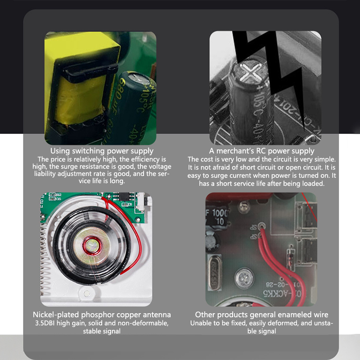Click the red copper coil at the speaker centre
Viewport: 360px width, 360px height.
coord(92,246)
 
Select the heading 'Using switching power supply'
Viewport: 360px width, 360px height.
coord(102,151)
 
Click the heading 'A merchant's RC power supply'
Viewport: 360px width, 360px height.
coord(261,151)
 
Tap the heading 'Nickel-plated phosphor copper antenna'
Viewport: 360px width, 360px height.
coord(102,315)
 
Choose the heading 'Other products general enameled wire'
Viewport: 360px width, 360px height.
coord(261,315)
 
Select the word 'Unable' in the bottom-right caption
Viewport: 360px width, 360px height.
coord(199,323)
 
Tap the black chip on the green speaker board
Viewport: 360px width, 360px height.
coord(124,196)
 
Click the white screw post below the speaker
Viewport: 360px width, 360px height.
coord(86,293)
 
